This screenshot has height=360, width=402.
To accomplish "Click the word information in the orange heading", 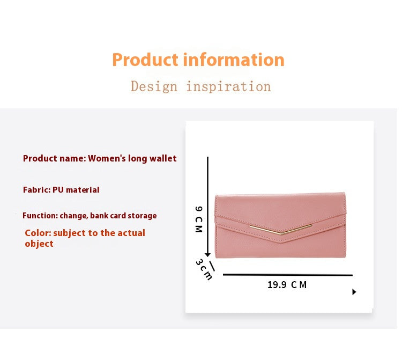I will pyautogui.click(x=234, y=60).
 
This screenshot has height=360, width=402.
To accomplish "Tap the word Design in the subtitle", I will pyautogui.click(x=154, y=86).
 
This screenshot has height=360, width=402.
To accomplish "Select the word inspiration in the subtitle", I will pyautogui.click(x=228, y=86).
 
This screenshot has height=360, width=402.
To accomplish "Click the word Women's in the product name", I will pyautogui.click(x=107, y=158).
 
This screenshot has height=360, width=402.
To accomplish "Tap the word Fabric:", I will pyautogui.click(x=37, y=189).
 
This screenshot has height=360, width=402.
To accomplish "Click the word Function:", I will pyautogui.click(x=40, y=216).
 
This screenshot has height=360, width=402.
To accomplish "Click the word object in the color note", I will pyautogui.click(x=39, y=244).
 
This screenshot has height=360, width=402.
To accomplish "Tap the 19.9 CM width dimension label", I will pyautogui.click(x=287, y=285).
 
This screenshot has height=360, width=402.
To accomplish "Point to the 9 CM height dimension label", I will pyautogui.click(x=198, y=219).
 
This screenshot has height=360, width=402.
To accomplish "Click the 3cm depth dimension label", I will pyautogui.click(x=204, y=270).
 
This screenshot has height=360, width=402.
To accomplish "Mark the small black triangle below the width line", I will pyautogui.click(x=354, y=292).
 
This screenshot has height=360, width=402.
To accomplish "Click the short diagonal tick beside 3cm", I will pyautogui.click(x=212, y=266).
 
